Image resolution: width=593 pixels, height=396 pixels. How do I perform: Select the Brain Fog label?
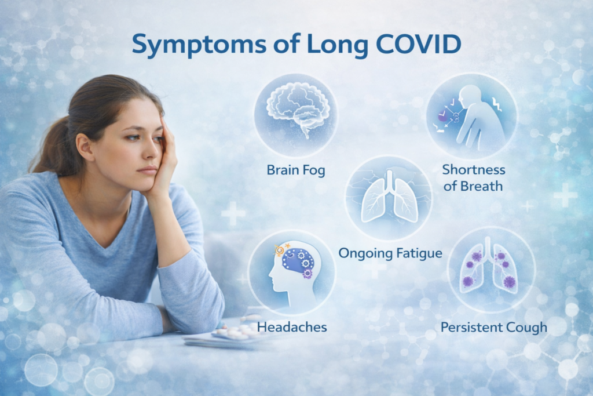pos(296,170)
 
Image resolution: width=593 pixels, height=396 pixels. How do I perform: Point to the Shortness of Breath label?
pos(473,178)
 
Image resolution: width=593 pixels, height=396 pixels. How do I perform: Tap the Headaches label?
pos(292,327)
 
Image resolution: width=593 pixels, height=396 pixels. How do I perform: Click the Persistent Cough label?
pos(493,327)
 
